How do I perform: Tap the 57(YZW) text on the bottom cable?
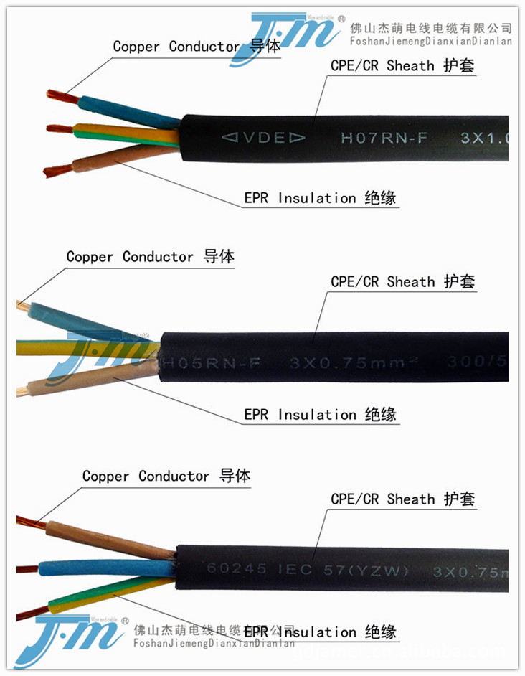click(374, 571)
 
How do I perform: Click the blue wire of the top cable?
click(122, 111)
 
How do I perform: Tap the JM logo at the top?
click(287, 36)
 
